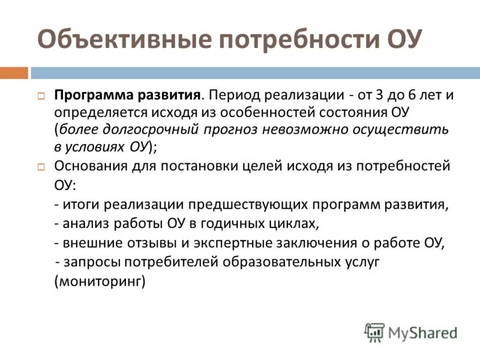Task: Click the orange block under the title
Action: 14,73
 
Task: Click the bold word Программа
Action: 89,96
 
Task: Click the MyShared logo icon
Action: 374,332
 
